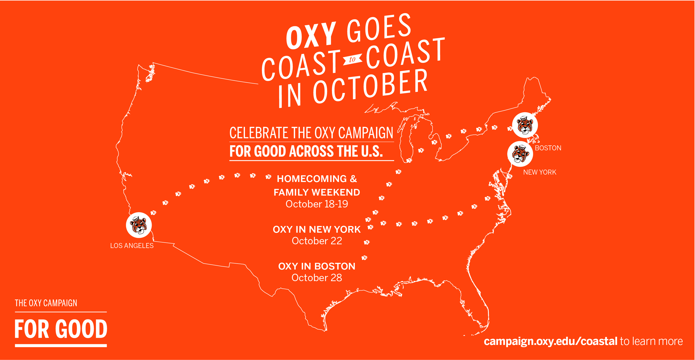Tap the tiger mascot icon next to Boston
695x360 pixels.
tap(525, 125)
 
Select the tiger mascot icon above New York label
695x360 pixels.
tap(520, 154)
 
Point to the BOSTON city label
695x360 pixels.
tap(548, 148)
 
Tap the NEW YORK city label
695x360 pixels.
tap(540, 172)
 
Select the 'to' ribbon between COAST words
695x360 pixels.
tap(352, 59)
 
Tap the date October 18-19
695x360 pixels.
tap(317, 204)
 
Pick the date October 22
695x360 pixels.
tap(317, 241)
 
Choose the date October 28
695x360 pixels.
tap(317, 278)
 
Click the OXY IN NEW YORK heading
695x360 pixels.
tap(317, 229)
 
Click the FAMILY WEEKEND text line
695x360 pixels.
tap(317, 192)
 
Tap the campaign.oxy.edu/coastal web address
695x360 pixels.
tap(551, 341)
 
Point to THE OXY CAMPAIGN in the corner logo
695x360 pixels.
tap(46, 303)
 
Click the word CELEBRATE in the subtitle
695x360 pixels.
tap(259, 133)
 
